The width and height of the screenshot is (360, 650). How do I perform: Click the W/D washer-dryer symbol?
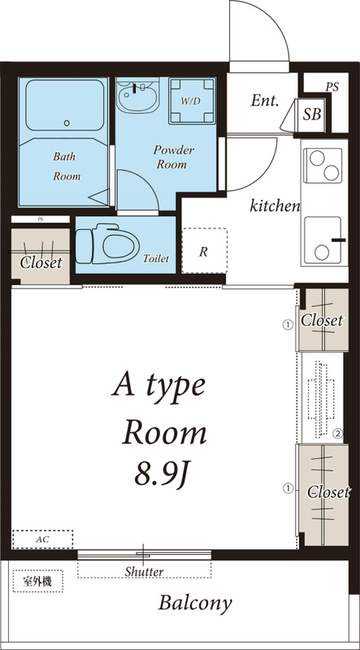(192, 101)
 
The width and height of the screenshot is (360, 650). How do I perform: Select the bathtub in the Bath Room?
(65, 106)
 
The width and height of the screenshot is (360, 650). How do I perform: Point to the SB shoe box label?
(311, 114)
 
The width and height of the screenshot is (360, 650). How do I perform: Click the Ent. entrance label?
(265, 101)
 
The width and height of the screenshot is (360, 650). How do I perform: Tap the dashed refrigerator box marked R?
(205, 250)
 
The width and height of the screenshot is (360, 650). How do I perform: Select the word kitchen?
(275, 206)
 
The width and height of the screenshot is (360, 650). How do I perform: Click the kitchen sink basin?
(323, 240)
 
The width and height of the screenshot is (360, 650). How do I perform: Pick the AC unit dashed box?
(43, 539)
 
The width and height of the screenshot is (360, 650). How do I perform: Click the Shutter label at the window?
(145, 572)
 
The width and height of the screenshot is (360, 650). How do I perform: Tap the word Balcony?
(195, 603)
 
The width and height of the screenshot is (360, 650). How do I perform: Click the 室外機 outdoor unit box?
(37, 581)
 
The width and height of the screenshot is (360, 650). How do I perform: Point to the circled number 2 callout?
(337, 434)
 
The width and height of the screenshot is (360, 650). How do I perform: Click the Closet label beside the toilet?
(41, 262)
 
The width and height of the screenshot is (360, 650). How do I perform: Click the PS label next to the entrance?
(332, 87)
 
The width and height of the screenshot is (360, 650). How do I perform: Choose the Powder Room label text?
(173, 157)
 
